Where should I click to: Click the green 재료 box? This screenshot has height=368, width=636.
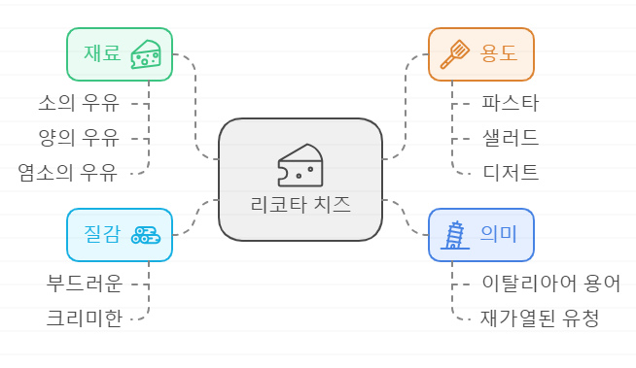(119, 54)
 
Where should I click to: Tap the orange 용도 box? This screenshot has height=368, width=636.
(481, 54)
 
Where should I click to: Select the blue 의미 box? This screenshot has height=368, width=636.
(481, 235)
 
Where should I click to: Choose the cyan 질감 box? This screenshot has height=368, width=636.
(119, 235)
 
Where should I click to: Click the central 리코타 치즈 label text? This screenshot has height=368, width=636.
(300, 206)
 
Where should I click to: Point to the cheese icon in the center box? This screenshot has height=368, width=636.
(300, 166)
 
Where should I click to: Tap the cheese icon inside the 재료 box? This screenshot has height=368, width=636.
(147, 54)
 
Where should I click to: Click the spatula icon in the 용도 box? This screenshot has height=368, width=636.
(455, 54)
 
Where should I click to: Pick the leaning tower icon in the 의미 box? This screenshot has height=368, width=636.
(453, 235)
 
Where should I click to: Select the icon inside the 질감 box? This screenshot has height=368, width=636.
(147, 235)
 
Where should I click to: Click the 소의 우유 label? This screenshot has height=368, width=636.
(78, 101)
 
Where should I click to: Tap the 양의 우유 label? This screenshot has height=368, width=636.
(78, 137)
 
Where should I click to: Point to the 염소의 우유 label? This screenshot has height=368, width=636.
(67, 173)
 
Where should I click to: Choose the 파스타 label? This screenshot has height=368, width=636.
(510, 101)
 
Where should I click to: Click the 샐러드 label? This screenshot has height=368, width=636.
(510, 137)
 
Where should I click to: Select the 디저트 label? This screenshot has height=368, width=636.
(510, 173)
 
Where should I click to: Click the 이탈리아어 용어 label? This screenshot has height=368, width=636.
(550, 283)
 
